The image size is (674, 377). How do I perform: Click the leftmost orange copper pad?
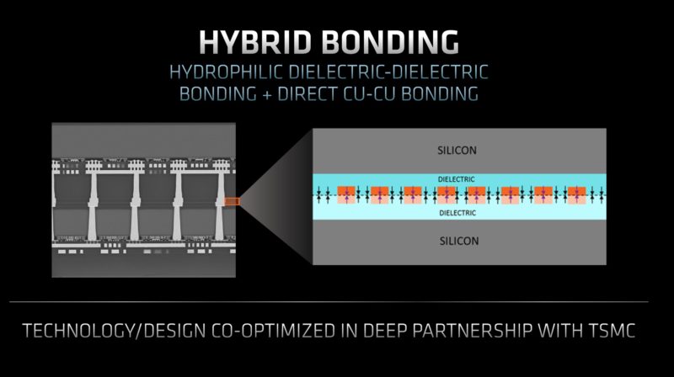coord(345,195)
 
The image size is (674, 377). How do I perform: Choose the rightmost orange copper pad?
coord(576,195)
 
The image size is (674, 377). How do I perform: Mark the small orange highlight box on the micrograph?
coord(233,200)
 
